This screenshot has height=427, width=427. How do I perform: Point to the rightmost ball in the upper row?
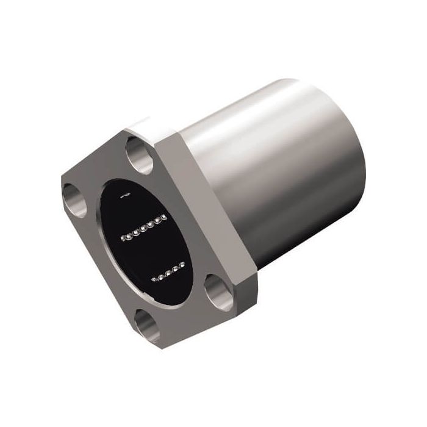[164, 217]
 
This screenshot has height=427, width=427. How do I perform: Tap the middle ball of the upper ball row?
[145, 226]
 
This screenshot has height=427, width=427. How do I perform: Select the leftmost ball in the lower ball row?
[154, 280]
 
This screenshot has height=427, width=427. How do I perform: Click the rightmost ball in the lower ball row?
[182, 264]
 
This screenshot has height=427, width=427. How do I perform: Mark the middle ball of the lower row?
[168, 273]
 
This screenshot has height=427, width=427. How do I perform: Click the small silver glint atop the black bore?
[125, 195]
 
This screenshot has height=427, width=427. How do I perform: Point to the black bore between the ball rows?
[152, 250]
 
